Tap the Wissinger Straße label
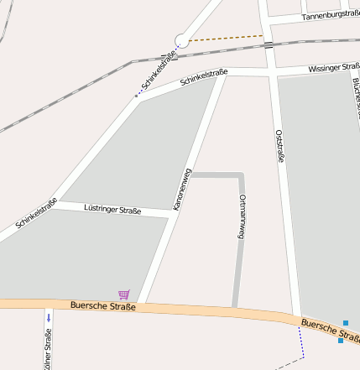click(x=333, y=67)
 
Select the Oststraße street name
click(x=279, y=150)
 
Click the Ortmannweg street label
click(x=243, y=216)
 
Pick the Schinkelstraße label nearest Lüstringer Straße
click(x=36, y=214)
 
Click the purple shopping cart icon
click(x=124, y=294)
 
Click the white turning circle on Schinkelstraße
click(x=181, y=40)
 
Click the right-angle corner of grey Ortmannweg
click(x=242, y=175)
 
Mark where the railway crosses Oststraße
click(x=268, y=44)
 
